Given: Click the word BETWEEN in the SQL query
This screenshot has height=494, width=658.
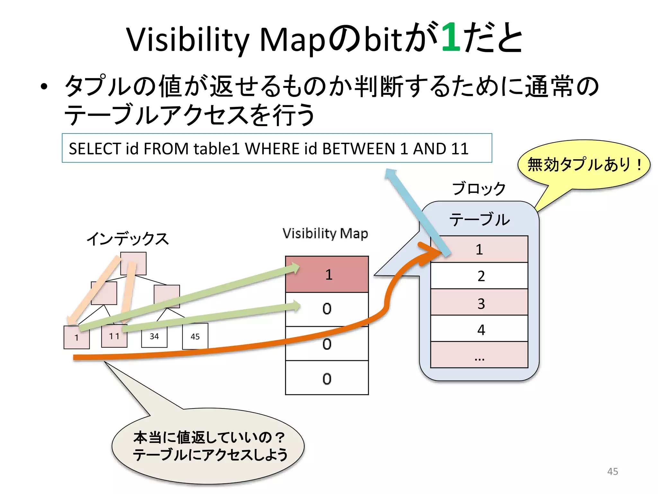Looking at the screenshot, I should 358,149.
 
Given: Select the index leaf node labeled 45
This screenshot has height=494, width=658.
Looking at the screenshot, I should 195,336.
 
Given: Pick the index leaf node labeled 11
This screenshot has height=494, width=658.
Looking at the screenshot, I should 114,336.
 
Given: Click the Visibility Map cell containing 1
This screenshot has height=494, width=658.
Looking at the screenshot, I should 327,274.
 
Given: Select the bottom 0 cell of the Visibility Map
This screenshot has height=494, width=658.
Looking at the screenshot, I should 327,378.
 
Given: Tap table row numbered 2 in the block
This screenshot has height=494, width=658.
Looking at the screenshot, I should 479,276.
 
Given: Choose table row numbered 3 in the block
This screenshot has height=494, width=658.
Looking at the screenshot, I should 479,302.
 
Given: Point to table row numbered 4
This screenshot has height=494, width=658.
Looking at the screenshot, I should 479,329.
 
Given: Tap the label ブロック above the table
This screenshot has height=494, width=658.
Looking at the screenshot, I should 479,188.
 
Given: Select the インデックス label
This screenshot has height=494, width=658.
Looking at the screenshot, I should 128,239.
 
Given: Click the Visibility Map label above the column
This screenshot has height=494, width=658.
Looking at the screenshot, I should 325,233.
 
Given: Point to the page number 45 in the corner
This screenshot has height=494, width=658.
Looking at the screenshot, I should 612,471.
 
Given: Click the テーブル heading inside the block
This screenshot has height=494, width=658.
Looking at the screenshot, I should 479,219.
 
